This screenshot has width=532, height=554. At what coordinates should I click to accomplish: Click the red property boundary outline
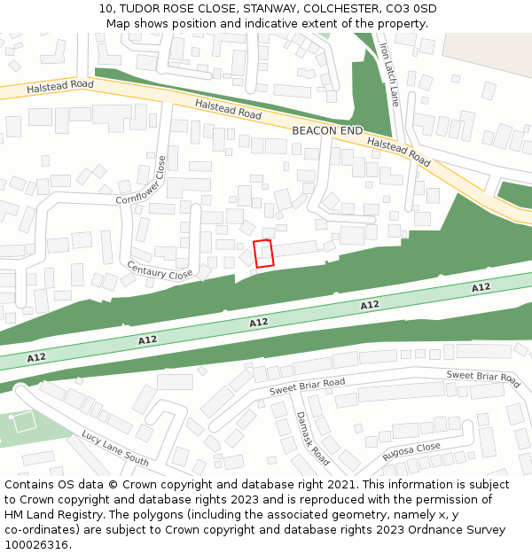pos(263,253)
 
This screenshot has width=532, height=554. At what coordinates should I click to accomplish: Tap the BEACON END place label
pos(327,130)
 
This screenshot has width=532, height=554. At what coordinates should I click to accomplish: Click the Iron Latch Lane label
pos(389,74)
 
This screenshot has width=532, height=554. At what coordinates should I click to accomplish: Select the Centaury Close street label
pos(160,271)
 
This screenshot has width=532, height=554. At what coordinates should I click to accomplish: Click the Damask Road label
pos(312,438)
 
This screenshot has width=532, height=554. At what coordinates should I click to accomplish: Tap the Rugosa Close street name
pos(411,453)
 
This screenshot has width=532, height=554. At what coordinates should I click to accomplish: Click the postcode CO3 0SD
pos(411,9)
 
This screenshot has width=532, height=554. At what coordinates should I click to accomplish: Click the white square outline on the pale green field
pos(24,422)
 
